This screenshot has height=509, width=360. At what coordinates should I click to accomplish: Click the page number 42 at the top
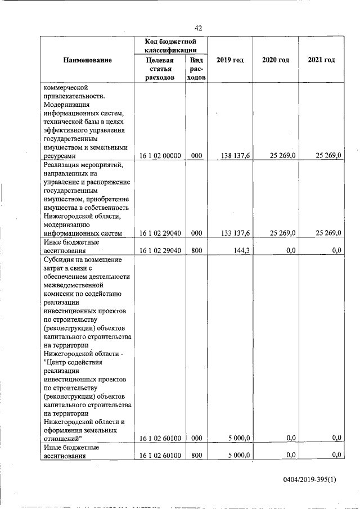pos(198,28)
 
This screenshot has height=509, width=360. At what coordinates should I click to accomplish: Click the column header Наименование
pos(87,60)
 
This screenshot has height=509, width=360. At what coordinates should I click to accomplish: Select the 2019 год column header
pos(229,60)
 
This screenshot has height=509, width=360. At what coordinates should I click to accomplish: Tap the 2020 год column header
pos(275,60)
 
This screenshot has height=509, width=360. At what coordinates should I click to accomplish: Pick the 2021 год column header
pos(322,60)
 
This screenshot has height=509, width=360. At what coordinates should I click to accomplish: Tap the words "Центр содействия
pos(73,362)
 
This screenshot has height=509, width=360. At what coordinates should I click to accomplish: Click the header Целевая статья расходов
pos(160,69)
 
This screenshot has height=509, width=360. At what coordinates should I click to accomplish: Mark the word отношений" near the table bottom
pos(63,438)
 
